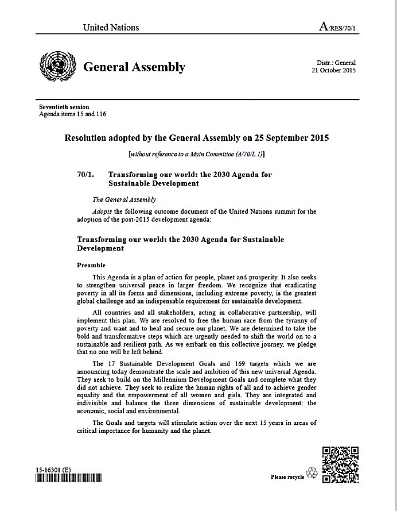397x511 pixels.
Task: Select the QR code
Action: click(341, 464)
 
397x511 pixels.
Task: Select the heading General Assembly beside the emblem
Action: click(134, 67)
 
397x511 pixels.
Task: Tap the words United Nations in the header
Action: click(111, 28)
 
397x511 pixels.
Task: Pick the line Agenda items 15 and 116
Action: click(72, 114)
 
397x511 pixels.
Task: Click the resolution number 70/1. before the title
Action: click(86, 174)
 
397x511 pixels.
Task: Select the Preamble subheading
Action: click(91, 266)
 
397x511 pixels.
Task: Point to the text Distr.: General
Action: click(336, 63)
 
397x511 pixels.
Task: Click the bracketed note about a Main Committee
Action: click(197, 154)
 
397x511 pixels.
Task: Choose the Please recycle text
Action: click(287, 477)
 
